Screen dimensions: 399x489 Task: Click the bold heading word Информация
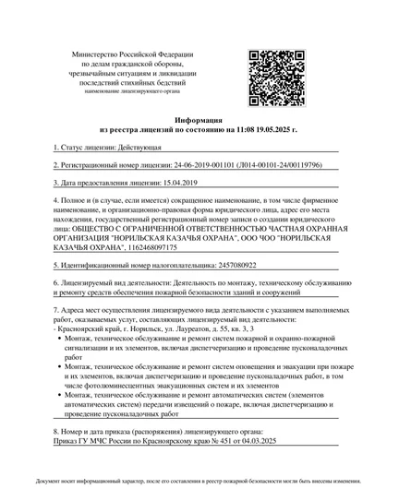click(x=199, y=121)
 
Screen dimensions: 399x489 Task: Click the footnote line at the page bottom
click(x=199, y=482)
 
